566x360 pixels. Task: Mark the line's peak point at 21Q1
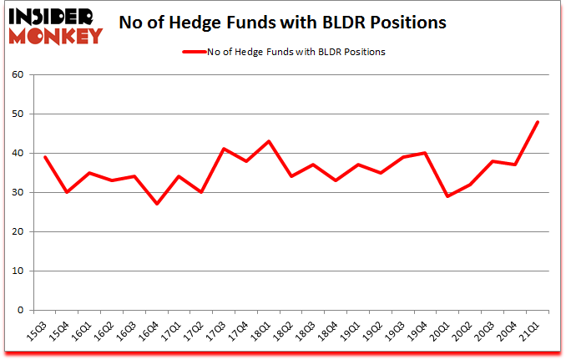pos(538,122)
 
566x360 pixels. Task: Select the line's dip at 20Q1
pos(448,196)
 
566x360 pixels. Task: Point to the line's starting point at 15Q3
pos(45,157)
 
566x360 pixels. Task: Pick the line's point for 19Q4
pos(426,153)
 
